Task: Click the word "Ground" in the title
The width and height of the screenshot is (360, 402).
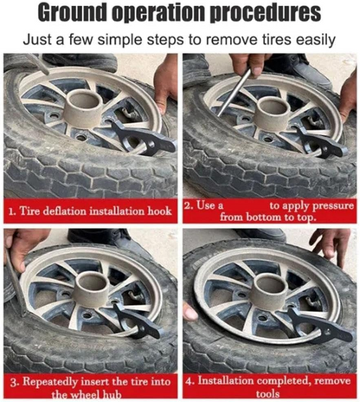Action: pos(73,13)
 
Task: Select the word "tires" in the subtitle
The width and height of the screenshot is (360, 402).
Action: pos(273,39)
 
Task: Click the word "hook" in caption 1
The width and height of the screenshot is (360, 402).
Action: pos(159,211)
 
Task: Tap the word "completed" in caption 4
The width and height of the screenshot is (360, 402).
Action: pos(284,380)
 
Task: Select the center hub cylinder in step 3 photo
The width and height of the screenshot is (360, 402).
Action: pos(92,288)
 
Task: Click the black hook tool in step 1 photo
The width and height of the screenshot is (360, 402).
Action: pos(142,138)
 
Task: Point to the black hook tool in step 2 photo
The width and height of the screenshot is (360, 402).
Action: pos(320,143)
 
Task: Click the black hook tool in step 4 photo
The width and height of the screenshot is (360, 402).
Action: pos(320,325)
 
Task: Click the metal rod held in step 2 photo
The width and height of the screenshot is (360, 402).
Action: pos(234,92)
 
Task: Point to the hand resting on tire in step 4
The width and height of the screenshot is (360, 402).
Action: pos(331,244)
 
